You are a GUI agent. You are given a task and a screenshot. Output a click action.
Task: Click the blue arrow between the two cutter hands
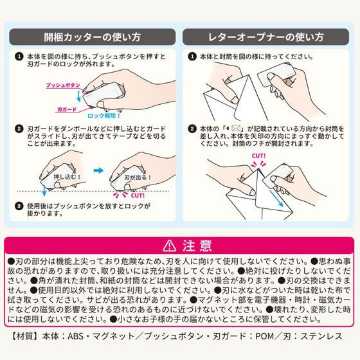pos(97,171)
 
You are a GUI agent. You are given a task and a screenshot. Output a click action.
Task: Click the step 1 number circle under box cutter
pos(19,57)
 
